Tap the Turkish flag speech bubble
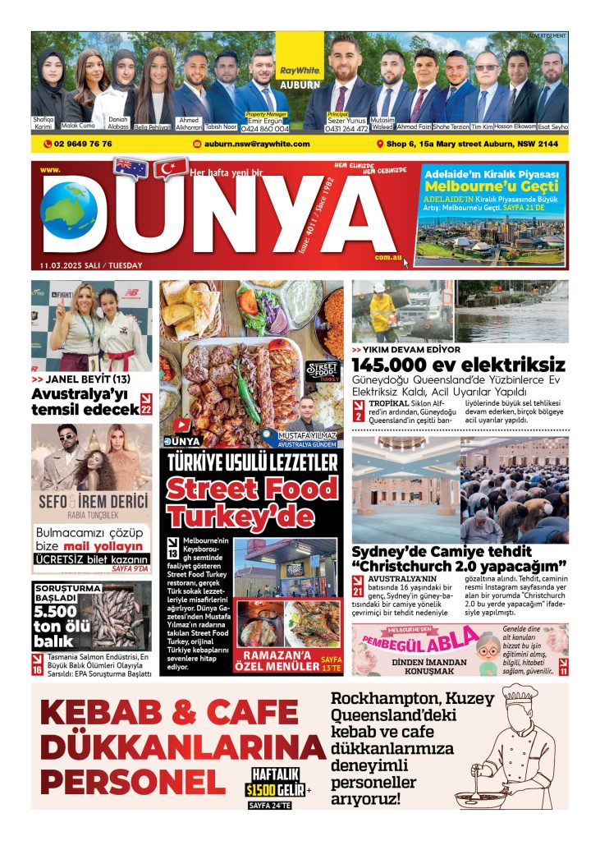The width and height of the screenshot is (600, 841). [x=171, y=169]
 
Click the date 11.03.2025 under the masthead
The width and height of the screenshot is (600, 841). [x=90, y=265]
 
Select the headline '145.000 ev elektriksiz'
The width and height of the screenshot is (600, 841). [x=459, y=364]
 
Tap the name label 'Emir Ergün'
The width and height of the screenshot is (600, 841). [x=267, y=120]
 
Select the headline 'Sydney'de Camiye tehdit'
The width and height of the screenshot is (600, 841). [x=442, y=551]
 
